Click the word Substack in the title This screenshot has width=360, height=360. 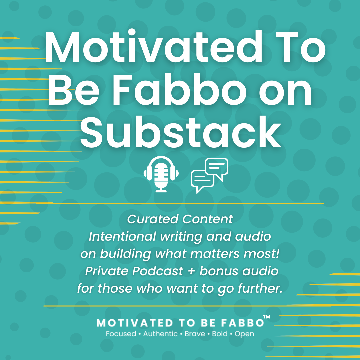coord(180,132)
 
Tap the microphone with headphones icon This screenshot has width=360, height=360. coord(161,174)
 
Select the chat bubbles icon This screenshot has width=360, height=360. coord(209,175)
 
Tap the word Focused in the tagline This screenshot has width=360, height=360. coord(121,334)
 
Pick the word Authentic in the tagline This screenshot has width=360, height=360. coord(160,334)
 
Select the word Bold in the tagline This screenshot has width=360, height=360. coord(218,334)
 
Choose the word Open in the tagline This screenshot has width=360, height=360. coord(244,334)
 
